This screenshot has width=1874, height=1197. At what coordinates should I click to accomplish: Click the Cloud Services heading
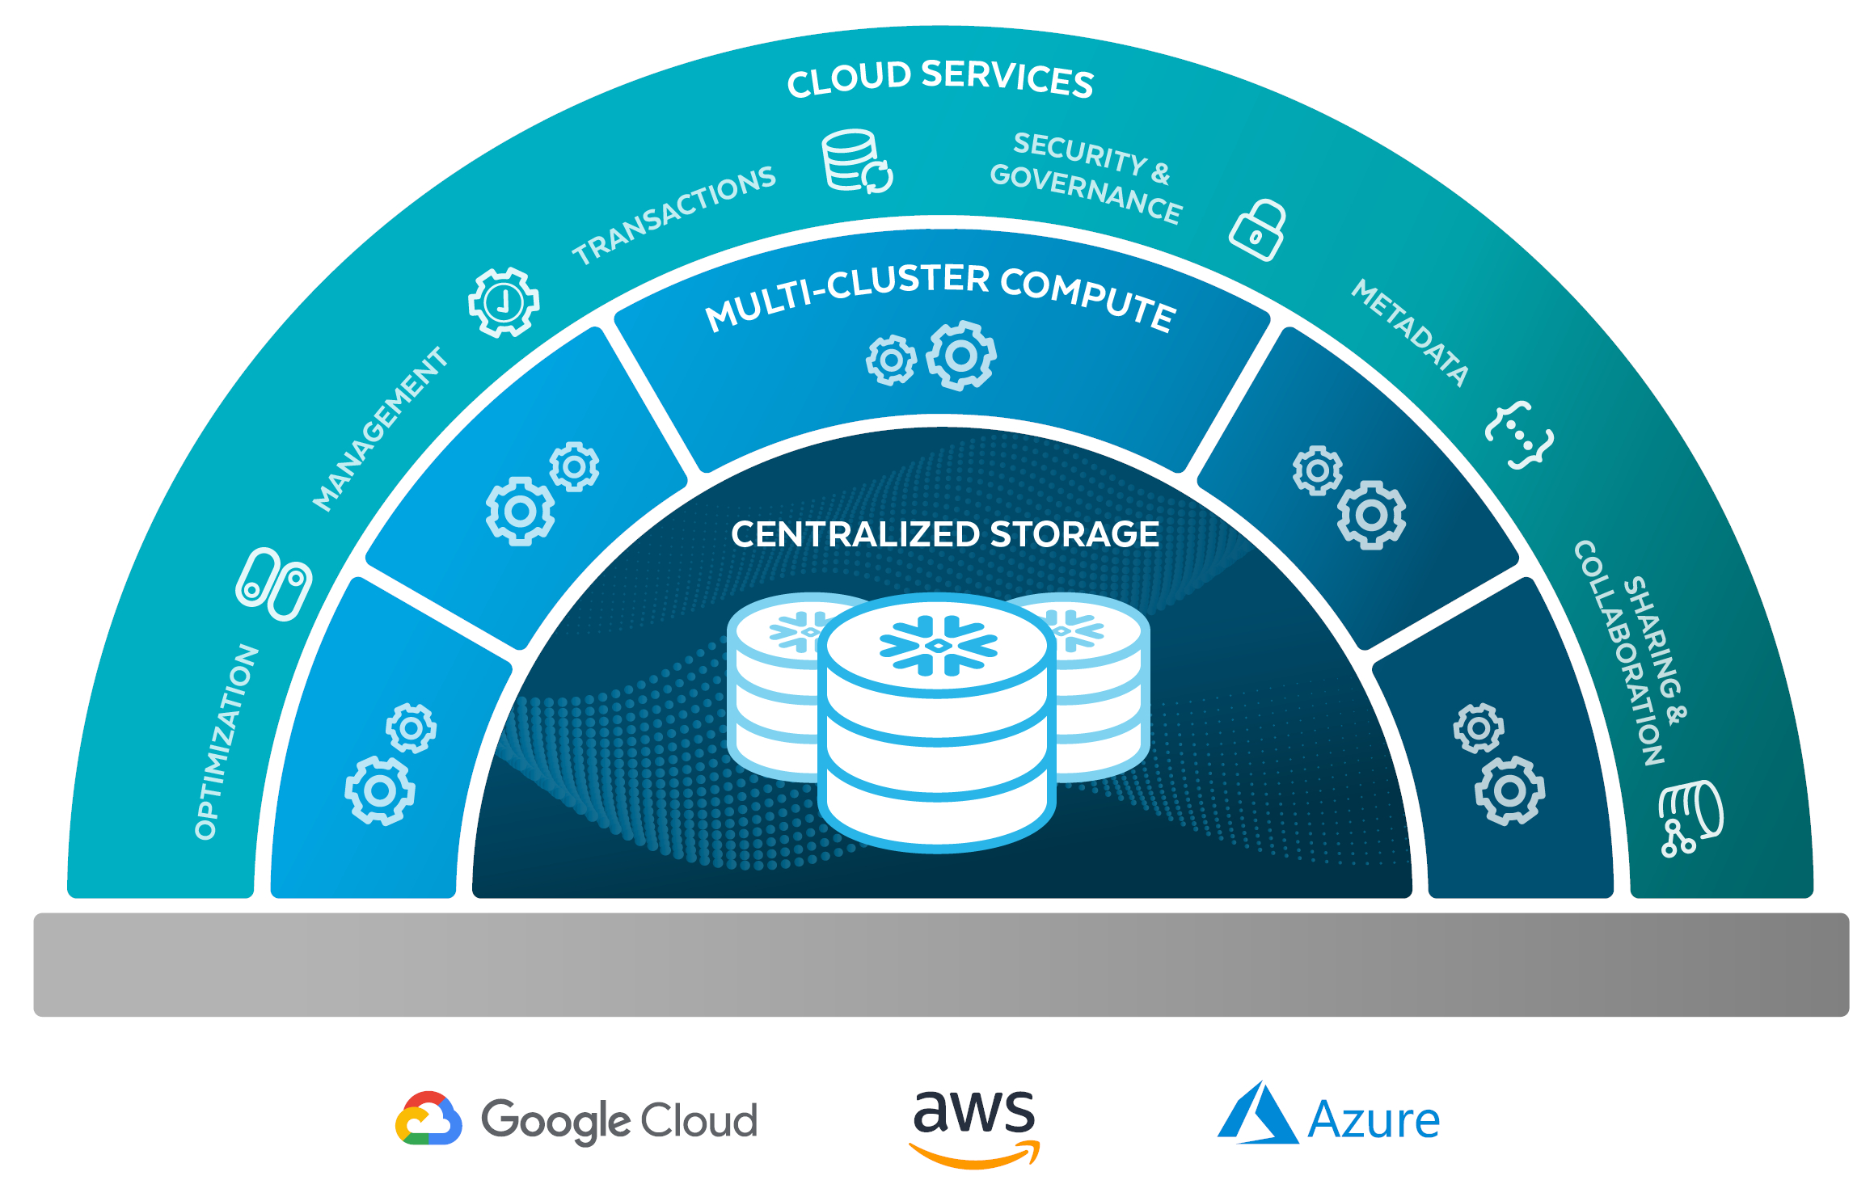(940, 79)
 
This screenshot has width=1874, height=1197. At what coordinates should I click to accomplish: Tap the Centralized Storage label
(944, 534)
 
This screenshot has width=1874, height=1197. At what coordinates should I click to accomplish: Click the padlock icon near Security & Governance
(1258, 230)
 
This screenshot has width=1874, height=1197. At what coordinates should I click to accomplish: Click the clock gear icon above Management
(504, 302)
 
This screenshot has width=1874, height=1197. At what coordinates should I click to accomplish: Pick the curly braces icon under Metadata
(1519, 435)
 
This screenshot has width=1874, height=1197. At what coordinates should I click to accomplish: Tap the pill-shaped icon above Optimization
(273, 584)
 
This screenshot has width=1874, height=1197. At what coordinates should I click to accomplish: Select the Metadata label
(1410, 332)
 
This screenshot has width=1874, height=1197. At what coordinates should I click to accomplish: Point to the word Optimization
(226, 742)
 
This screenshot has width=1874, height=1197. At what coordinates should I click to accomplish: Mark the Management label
(380, 429)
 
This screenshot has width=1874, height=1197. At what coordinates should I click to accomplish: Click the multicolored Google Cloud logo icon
(428, 1119)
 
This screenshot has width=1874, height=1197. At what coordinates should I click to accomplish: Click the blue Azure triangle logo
(1257, 1115)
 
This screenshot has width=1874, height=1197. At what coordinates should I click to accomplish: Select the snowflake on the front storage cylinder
(938, 645)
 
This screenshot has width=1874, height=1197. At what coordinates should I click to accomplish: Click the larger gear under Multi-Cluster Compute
(961, 356)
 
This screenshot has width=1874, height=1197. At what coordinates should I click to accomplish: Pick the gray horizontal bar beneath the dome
(941, 964)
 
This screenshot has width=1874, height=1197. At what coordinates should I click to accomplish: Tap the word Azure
(1374, 1120)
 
